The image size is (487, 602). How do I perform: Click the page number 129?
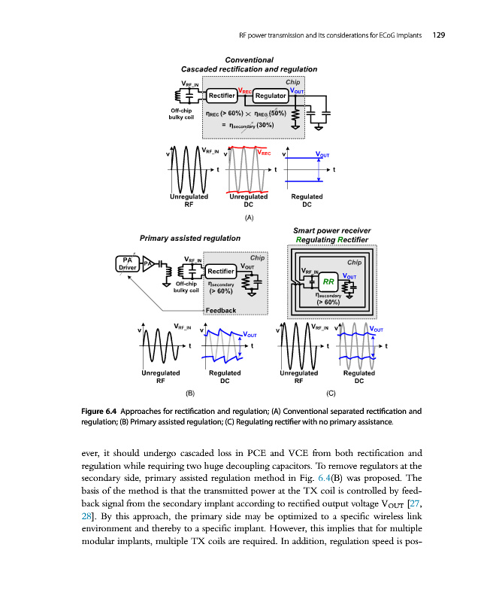click(x=437, y=35)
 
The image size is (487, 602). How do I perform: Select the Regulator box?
click(x=271, y=96)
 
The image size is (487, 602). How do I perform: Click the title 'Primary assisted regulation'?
click(x=190, y=238)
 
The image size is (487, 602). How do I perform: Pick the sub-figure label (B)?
click(x=190, y=393)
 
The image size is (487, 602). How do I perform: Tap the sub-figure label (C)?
click(x=331, y=393)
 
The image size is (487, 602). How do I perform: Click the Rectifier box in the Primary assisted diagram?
click(x=220, y=270)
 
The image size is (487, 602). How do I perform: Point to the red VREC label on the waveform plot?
click(x=264, y=153)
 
